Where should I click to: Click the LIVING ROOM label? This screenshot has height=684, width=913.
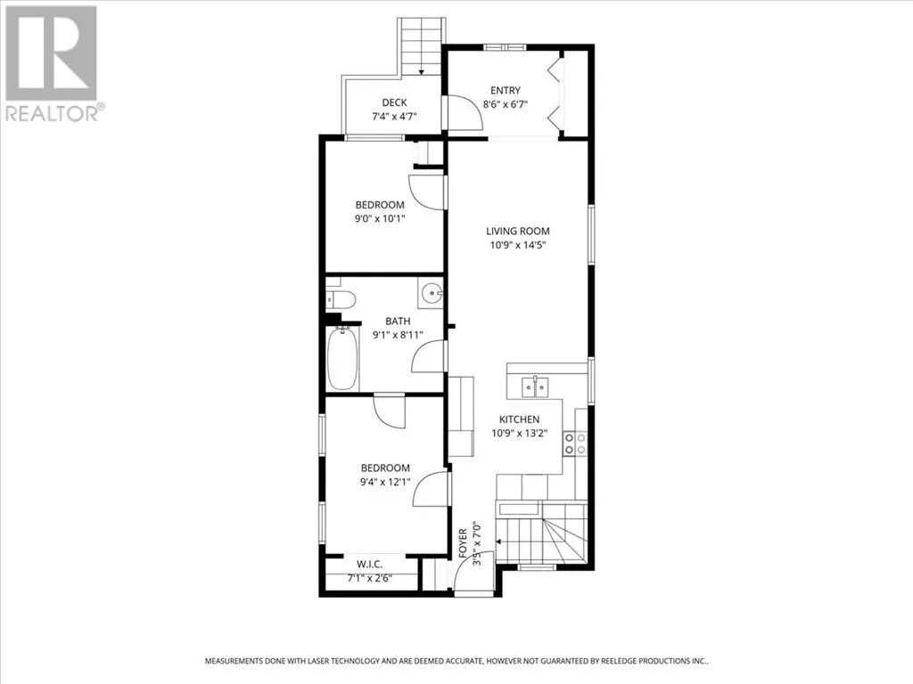tap(518, 231)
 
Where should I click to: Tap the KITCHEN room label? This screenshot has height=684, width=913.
tap(520, 419)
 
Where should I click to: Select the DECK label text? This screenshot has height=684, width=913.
tap(394, 102)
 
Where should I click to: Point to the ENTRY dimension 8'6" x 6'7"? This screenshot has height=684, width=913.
tap(506, 105)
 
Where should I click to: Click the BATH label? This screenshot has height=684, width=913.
tap(398, 321)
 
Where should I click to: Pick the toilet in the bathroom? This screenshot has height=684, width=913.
tap(341, 299)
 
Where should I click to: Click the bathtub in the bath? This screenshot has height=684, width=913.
tap(342, 358)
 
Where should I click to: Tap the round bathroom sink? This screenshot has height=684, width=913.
tap(432, 293)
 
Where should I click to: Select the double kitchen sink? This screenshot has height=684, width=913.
tap(535, 387)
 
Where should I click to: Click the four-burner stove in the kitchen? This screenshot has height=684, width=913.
tap(575, 444)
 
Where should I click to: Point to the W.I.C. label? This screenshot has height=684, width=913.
tap(370, 564)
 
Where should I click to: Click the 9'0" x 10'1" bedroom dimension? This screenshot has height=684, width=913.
tap(380, 219)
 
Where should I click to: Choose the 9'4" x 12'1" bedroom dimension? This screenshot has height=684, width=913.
tap(385, 482)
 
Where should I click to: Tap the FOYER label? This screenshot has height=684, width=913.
tap(463, 543)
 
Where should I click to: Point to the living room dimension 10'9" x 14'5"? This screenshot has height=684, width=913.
tap(518, 245)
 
